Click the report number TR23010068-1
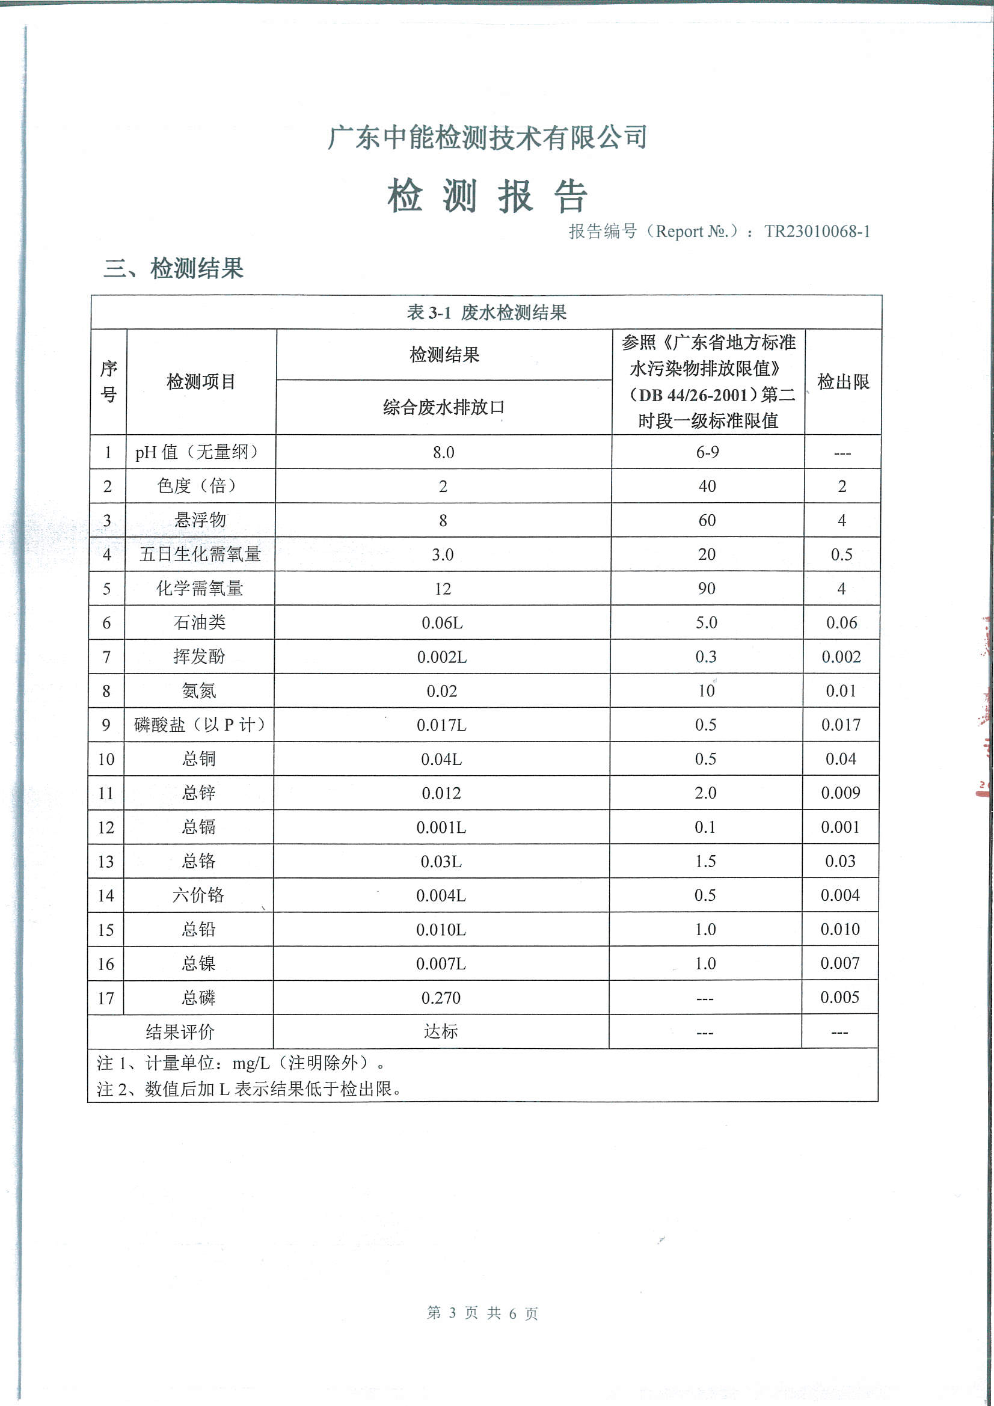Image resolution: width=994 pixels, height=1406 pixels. point(817,232)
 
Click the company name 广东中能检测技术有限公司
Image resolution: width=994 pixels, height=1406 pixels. point(487,137)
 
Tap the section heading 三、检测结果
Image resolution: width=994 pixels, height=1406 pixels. point(174,268)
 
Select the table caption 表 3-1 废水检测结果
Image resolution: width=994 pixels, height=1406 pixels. point(486,313)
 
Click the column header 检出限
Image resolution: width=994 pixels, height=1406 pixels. point(842,381)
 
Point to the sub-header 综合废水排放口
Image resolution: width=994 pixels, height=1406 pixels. point(443,407)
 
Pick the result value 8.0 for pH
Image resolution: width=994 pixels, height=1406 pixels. point(443,453)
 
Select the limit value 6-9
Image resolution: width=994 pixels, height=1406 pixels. point(707,452)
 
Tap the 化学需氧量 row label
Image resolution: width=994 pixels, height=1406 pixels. point(200,589)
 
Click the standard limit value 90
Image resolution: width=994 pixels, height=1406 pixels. point(707,589)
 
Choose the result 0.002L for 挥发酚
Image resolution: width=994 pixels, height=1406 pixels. point(441,657)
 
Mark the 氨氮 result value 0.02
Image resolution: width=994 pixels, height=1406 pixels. point(441,691)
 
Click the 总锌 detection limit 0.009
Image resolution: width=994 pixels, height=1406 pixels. point(840,793)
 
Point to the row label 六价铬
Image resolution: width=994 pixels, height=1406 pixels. point(198,895)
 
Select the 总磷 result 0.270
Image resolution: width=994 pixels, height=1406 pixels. point(441,998)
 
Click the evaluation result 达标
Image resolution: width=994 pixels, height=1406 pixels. point(441,1031)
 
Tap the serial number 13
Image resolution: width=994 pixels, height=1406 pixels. point(106,862)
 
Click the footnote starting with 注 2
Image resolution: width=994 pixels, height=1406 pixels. point(250,1088)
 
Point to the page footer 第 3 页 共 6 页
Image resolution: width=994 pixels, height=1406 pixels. point(482,1312)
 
